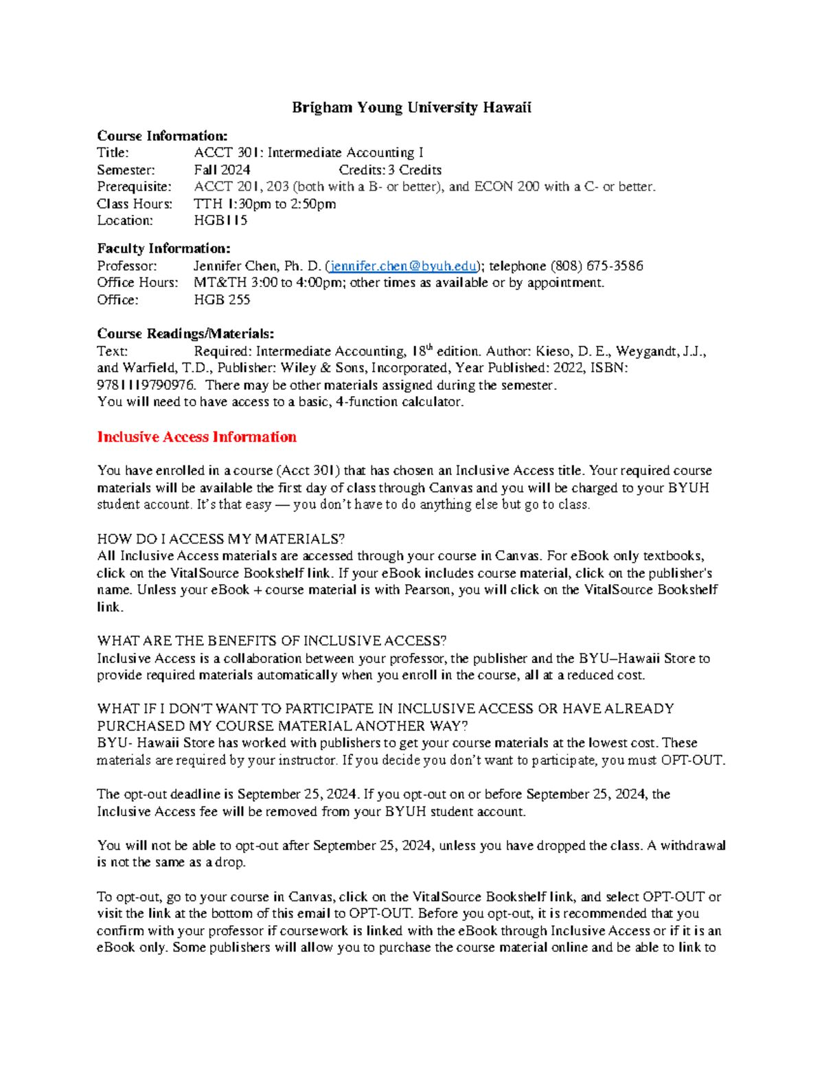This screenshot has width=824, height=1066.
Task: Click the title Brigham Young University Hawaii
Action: (x=411, y=107)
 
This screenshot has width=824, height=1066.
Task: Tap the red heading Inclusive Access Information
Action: (x=196, y=437)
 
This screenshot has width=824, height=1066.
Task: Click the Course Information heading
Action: (x=162, y=136)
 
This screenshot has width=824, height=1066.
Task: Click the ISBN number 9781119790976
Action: (x=146, y=385)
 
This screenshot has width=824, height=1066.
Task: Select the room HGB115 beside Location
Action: (x=220, y=220)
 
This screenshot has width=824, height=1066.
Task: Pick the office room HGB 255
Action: (x=222, y=299)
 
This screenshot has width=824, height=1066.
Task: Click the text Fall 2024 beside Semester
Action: (x=222, y=170)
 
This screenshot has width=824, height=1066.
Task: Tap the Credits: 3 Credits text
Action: (x=390, y=170)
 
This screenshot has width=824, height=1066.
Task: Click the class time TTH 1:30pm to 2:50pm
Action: (x=264, y=203)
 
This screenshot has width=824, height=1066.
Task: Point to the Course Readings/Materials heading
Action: (x=185, y=334)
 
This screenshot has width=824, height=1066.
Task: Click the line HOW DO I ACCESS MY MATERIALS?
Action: (x=221, y=538)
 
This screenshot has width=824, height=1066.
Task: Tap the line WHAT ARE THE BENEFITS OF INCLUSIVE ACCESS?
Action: (x=271, y=640)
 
